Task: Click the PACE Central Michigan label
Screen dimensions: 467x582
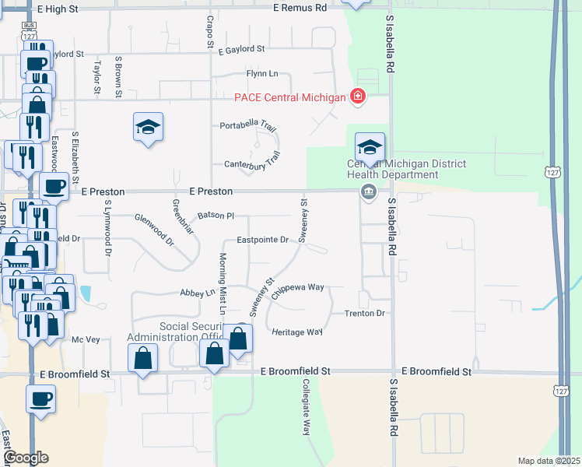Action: (289, 97)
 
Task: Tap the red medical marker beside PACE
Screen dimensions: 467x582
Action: (357, 97)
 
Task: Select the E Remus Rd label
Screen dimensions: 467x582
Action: (300, 8)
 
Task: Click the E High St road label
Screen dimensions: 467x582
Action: (58, 8)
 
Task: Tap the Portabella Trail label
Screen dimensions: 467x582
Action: (248, 125)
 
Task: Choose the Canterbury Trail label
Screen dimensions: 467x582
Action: (251, 164)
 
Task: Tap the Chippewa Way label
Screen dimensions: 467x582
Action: (298, 287)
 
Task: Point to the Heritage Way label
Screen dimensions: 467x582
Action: (297, 332)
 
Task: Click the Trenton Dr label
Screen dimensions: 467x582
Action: (365, 313)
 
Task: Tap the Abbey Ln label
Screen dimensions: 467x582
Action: (198, 293)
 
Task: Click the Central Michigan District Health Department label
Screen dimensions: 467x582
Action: (405, 169)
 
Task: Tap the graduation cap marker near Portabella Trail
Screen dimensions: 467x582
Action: (148, 128)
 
